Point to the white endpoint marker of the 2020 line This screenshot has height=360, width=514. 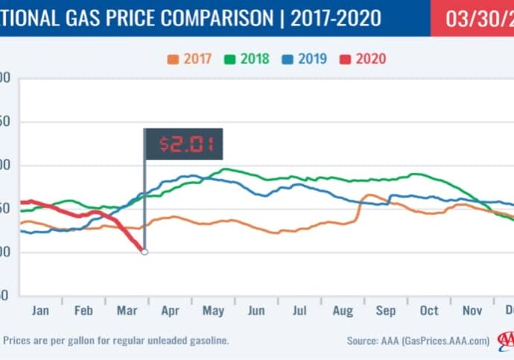145,252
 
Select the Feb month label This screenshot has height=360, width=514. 83,310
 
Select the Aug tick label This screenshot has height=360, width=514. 343,310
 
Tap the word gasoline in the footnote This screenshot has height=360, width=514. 204,341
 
